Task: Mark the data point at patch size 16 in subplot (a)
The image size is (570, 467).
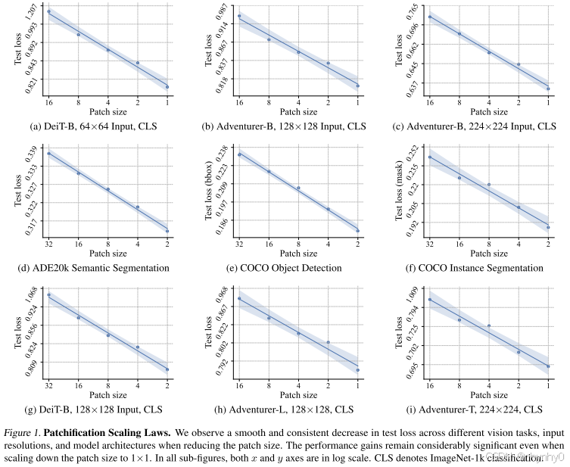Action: pyautogui.click(x=49, y=11)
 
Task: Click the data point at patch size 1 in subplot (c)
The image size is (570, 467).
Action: pyautogui.click(x=548, y=89)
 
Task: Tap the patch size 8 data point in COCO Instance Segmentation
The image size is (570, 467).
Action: pyautogui.click(x=489, y=185)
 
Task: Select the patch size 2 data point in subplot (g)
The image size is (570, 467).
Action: pyautogui.click(x=167, y=369)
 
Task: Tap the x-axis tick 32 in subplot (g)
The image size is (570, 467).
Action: pyautogui.click(x=49, y=387)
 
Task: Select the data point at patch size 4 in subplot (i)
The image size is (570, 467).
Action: pyautogui.click(x=489, y=326)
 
